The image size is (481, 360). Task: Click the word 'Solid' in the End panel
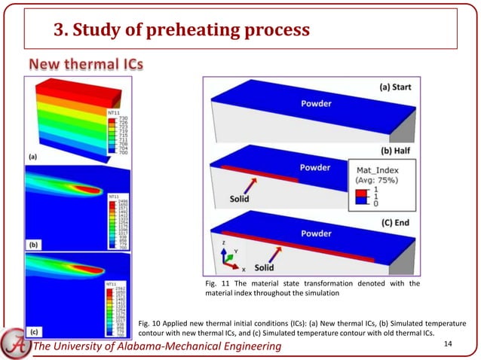[x=263, y=267]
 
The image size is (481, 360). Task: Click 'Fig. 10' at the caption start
[x=151, y=322]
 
